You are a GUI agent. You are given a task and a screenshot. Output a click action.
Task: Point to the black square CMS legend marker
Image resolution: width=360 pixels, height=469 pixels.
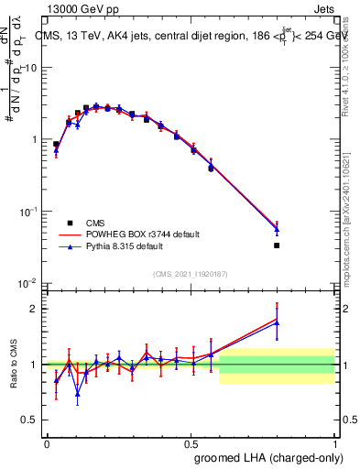click(x=70, y=223)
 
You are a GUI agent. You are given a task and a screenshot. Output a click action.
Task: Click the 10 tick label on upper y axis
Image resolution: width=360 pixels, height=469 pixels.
click(x=30, y=68)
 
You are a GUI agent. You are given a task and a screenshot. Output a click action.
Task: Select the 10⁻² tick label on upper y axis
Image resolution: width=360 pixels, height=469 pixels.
click(x=29, y=283)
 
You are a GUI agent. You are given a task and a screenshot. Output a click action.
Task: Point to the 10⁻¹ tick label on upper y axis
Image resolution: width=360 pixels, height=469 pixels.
click(x=29, y=212)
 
